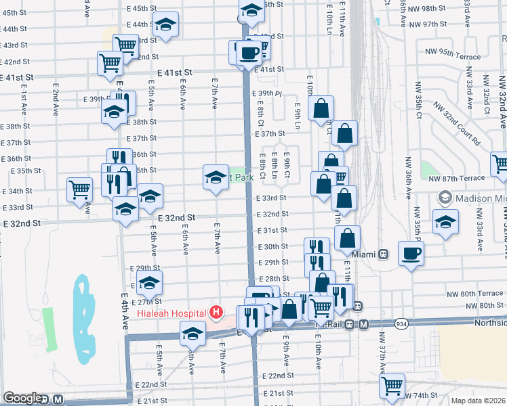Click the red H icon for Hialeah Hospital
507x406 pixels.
click(x=216, y=312)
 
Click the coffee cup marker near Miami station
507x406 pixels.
click(x=411, y=254)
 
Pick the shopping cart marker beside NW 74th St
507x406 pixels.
click(x=392, y=386)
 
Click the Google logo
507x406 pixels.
click(x=22, y=399)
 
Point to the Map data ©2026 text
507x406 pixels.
click(x=478, y=401)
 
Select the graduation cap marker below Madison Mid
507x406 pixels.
click(x=445, y=222)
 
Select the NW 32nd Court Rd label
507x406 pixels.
click(x=457, y=125)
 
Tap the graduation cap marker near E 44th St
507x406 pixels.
click(x=165, y=26)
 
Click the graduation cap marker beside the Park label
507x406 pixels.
click(x=216, y=177)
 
